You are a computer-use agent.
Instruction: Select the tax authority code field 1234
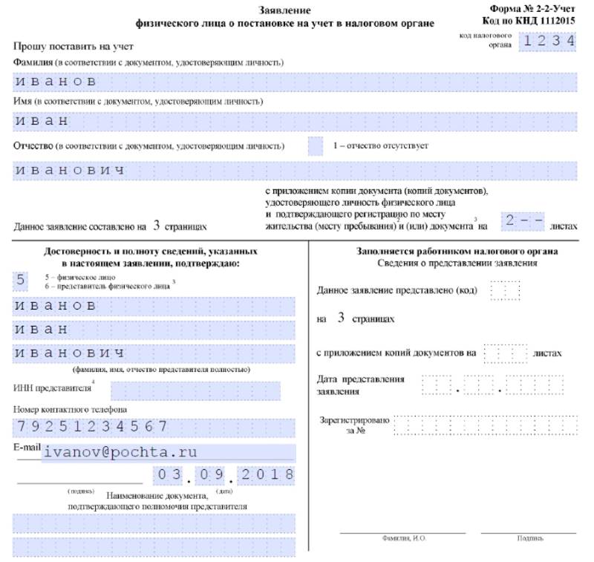548,42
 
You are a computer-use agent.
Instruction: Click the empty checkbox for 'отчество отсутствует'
316,146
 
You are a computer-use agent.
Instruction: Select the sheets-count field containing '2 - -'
523,220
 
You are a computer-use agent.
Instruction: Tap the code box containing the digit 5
21,280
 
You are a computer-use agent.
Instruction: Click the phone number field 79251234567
154,426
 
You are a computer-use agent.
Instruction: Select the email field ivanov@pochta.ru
169,451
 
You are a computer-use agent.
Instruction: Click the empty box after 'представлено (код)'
506,290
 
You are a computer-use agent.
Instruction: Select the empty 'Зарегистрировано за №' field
486,425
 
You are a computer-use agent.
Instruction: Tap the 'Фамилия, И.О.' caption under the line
402,538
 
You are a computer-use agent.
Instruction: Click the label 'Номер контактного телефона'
70,409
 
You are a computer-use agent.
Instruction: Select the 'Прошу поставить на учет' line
61,46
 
